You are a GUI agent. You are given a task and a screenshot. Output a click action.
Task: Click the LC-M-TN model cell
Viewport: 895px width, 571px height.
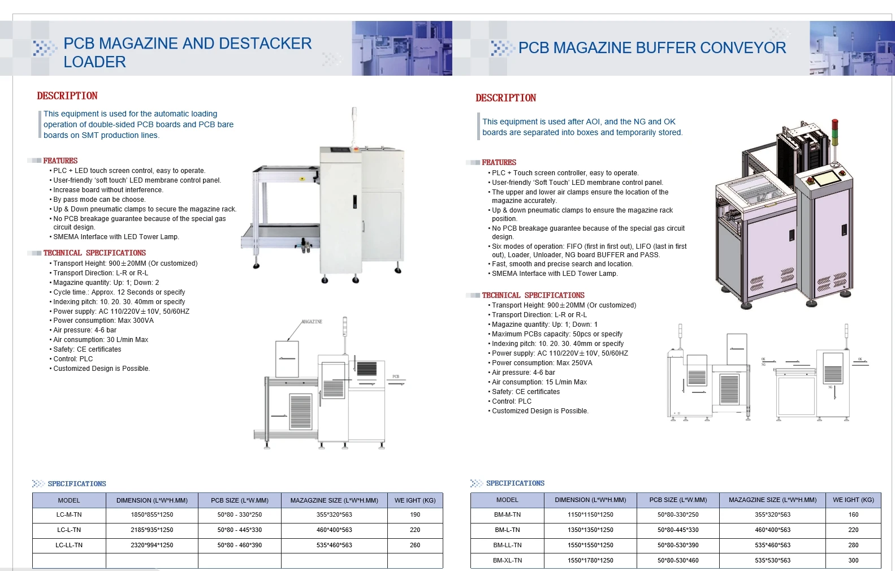[69, 515]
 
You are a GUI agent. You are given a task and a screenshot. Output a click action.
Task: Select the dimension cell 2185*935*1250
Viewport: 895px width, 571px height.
[152, 530]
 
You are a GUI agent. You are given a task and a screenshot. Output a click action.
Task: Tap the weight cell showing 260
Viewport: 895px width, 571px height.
[415, 546]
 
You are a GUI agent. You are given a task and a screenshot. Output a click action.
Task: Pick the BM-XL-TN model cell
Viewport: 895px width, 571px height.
[507, 561]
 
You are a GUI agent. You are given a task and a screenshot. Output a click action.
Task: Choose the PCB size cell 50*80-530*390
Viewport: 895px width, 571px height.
[678, 546]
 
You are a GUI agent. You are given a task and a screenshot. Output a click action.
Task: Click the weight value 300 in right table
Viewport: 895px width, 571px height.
[853, 561]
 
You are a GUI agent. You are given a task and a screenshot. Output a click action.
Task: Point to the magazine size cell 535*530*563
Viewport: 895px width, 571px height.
[772, 561]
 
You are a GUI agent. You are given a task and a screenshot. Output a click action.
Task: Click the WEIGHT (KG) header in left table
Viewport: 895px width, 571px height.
[415, 500]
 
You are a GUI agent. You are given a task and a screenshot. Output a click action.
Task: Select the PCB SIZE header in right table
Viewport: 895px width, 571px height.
[678, 500]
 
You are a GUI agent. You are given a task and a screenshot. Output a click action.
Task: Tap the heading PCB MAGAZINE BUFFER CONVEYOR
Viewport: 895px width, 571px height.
[652, 48]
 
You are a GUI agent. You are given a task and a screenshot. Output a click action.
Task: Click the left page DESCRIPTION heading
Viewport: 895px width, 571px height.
[67, 96]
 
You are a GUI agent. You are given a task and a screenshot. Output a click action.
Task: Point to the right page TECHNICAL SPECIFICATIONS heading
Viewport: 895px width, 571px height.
[533, 295]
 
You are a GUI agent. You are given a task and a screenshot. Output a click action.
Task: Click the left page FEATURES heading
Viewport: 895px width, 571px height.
[60, 161]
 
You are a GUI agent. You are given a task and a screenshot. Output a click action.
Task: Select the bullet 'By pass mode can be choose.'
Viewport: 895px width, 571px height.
[99, 200]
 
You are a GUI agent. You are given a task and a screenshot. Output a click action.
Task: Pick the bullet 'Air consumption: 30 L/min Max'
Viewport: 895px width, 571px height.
[101, 340]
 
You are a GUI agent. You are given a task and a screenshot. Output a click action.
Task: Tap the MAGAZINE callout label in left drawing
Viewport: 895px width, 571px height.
[312, 322]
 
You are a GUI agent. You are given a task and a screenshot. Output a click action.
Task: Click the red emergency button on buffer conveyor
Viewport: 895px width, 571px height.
[810, 180]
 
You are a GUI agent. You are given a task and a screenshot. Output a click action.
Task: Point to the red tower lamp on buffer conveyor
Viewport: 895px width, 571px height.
[834, 124]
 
